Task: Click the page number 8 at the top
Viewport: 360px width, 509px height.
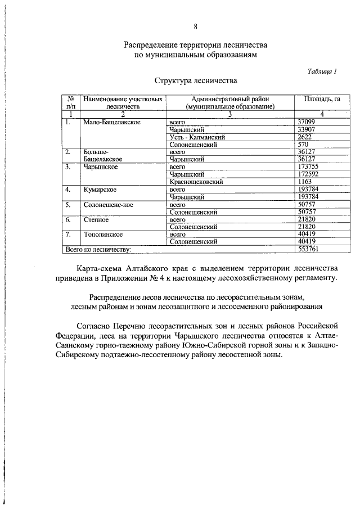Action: (x=195, y=26)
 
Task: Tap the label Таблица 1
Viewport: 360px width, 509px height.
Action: (x=323, y=71)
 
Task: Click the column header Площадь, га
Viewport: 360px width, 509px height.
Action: (x=322, y=99)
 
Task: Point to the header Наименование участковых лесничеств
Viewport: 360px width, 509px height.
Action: (x=123, y=102)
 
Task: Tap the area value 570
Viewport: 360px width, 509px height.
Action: (x=303, y=144)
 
